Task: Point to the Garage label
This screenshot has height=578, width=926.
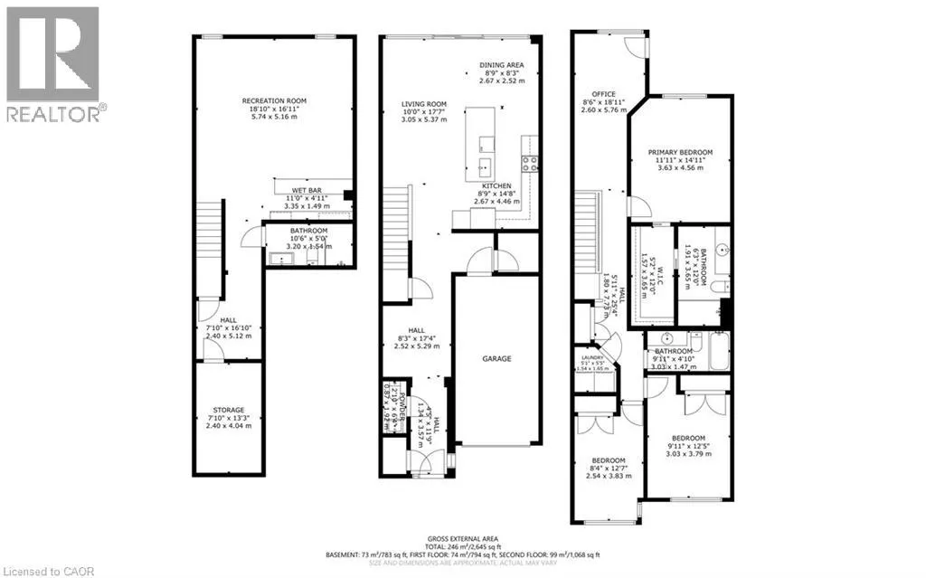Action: click(496, 358)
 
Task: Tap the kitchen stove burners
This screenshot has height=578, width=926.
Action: click(529, 164)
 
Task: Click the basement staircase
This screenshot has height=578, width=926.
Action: click(209, 232)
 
